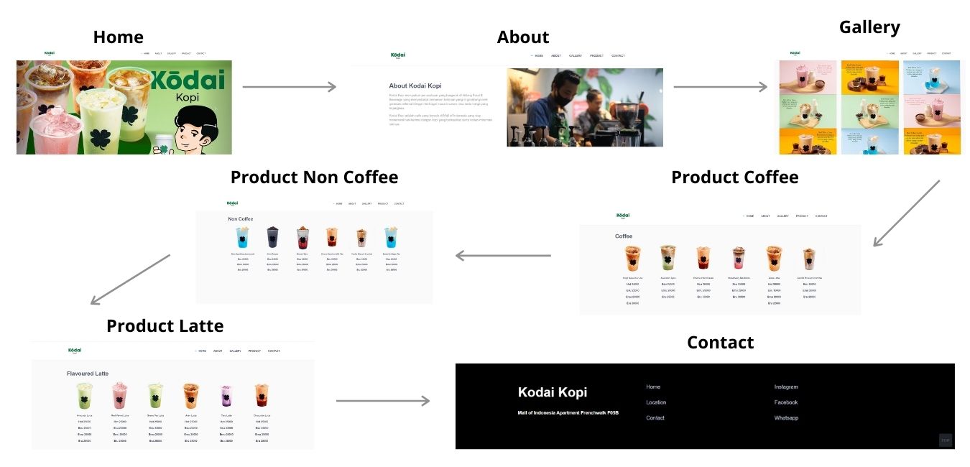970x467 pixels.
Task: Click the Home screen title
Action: coord(118,37)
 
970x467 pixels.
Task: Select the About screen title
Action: coord(522,37)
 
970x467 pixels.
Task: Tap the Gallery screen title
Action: coord(869,27)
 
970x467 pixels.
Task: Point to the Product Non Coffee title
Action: coord(314,177)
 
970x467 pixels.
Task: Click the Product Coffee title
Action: coord(734,177)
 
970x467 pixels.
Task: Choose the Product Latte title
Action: coord(165,325)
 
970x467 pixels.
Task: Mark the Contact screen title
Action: coord(720,342)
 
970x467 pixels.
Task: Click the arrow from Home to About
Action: coord(289,87)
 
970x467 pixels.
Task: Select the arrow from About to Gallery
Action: coord(720,87)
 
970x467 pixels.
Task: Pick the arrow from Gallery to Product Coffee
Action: coord(906,213)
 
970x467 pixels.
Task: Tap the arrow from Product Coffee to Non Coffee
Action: coord(503,255)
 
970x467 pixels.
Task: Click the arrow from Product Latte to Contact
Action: coord(382,400)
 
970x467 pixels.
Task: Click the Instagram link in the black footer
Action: coord(786,387)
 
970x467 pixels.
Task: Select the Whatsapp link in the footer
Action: coord(786,418)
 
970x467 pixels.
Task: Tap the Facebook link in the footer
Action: coord(786,402)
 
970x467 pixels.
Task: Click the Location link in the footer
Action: coord(656,402)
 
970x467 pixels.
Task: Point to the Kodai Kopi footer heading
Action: coord(553,392)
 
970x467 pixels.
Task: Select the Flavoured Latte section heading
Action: coord(88,374)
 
